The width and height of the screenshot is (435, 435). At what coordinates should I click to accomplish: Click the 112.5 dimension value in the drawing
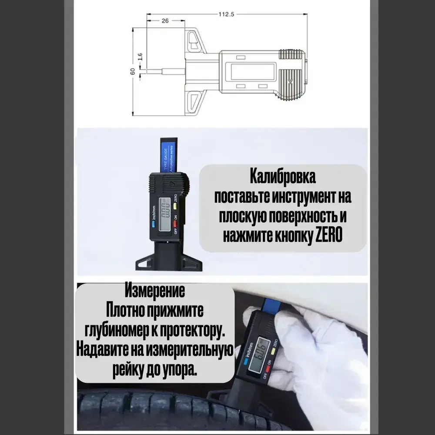(x=226, y=14)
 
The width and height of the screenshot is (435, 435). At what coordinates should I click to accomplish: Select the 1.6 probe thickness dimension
(x=140, y=57)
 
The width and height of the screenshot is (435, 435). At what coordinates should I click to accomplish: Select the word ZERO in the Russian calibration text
(x=328, y=236)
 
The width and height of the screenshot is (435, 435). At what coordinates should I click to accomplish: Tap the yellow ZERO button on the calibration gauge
(x=174, y=205)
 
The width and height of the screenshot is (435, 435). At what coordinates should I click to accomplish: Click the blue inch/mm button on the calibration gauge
(x=154, y=225)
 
